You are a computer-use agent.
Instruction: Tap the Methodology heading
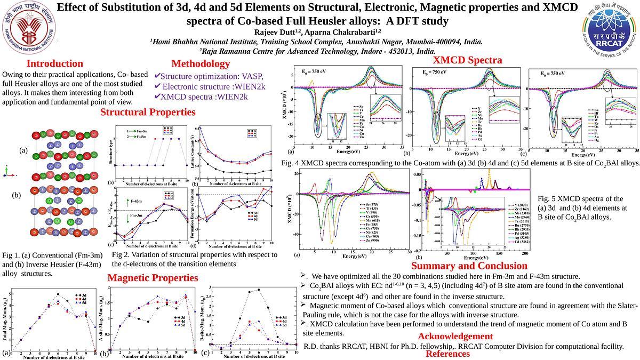point(201,63)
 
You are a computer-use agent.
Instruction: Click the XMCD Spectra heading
point(467,60)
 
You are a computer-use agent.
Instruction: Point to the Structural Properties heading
point(148,112)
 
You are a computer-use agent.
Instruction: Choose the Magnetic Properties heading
point(153,278)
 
